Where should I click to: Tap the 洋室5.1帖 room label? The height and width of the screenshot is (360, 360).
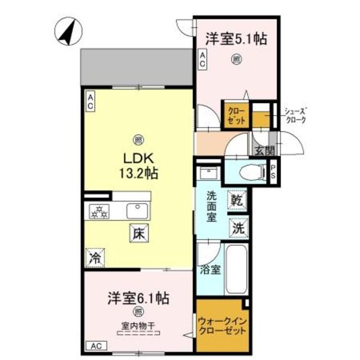point(236,39)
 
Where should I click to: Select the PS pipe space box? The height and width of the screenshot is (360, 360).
point(273,172)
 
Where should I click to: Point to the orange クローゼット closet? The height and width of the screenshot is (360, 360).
point(235,115)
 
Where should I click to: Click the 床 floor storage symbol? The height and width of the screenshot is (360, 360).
point(138,232)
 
